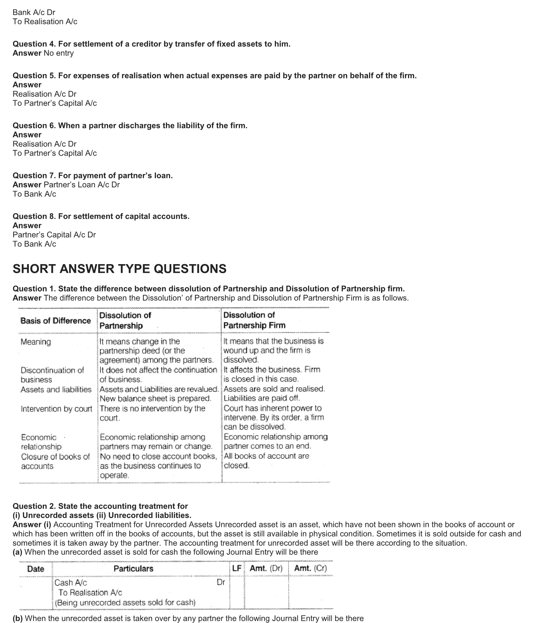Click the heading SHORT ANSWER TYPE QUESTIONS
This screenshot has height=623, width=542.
pos(120,269)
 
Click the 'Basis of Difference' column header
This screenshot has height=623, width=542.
pos(56,321)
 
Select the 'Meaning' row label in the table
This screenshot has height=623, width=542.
pos(36,342)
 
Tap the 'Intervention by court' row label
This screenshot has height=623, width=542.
pos(56,409)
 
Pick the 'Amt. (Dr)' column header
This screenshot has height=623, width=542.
pos(266,568)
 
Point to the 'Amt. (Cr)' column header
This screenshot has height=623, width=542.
pos(311,568)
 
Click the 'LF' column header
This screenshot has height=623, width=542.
pos(237,568)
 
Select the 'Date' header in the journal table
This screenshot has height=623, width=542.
pos(36,569)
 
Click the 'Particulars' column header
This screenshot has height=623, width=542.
pos(134,568)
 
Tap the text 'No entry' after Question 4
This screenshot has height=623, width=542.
pos(59,53)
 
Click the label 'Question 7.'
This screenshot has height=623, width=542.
pos(34,175)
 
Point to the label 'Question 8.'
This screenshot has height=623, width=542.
pos(34,216)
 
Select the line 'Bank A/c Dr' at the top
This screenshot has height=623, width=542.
pos(34,12)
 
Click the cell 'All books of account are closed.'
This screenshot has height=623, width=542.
pos(266,461)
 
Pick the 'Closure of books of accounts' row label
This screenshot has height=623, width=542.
pos(55,461)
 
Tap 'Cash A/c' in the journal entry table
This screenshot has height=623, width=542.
pos(71,582)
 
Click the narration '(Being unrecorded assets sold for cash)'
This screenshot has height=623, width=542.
pos(125,603)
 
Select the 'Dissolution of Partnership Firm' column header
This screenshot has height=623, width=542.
pos(254,320)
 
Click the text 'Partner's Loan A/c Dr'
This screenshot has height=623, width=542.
pos(82,185)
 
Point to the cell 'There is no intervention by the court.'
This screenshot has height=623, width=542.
pos(152,413)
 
